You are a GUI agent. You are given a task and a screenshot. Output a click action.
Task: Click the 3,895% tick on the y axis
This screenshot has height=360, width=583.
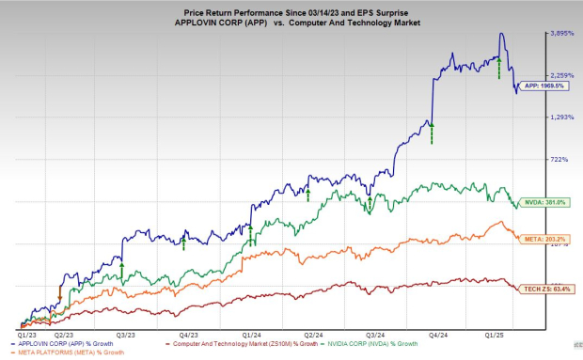pyautogui.click(x=561, y=33)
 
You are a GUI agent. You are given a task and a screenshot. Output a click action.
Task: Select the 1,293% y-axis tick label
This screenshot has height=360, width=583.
pyautogui.click(x=561, y=117)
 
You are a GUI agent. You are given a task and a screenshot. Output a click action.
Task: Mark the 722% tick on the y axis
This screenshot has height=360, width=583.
pyautogui.click(x=559, y=160)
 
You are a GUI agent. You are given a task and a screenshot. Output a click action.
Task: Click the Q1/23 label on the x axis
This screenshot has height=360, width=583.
pyautogui.click(x=27, y=334)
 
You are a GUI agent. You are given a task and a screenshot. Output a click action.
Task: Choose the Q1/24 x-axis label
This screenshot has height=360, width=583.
pyautogui.click(x=251, y=334)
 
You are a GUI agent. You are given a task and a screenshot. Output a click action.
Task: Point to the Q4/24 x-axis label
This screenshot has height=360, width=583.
pyautogui.click(x=436, y=334)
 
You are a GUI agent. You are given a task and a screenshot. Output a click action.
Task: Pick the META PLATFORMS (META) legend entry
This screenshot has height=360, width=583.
pyautogui.click(x=58, y=352)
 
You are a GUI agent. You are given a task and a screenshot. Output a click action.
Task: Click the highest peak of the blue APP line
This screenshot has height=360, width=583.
pyautogui.click(x=502, y=34)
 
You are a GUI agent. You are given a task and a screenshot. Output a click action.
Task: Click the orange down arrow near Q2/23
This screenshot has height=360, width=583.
pyautogui.click(x=60, y=296)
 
